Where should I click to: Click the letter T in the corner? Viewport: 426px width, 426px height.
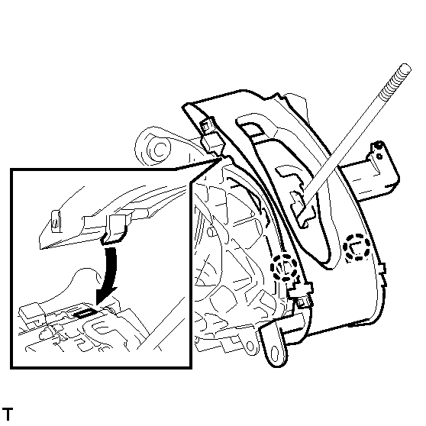point(8,414)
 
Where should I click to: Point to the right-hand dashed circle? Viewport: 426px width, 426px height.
point(357,247)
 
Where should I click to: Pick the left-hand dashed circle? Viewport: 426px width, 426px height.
point(284,267)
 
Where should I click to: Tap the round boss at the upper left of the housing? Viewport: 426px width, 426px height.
point(158,149)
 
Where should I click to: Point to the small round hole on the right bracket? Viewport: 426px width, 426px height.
point(379,157)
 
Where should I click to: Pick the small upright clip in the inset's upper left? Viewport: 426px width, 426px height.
point(56,221)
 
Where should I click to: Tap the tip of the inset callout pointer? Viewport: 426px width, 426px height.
point(223,158)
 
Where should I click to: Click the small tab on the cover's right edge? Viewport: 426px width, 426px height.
point(382,269)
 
